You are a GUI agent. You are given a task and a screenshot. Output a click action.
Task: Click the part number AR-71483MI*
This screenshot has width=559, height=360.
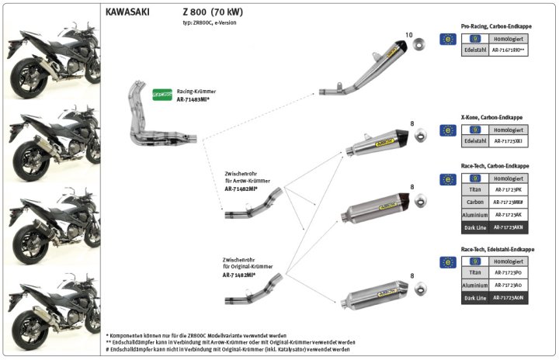(x=194, y=100)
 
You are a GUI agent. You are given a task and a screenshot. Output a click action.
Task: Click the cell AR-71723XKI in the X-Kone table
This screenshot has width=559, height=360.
(x=509, y=142)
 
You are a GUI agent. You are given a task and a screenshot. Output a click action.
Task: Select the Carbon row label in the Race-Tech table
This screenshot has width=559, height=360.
(x=474, y=201)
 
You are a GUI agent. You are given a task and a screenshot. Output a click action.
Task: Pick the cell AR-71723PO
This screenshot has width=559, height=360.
(x=509, y=273)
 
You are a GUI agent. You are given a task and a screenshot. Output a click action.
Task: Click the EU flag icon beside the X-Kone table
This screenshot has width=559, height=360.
(x=447, y=130)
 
